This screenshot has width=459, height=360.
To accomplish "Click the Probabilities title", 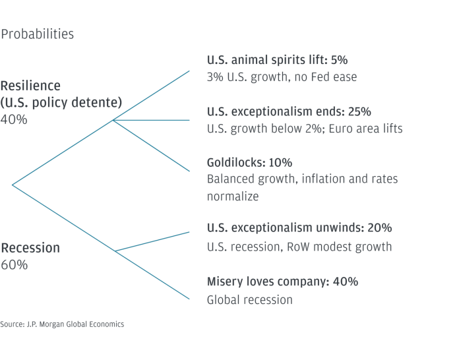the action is coord(38,34).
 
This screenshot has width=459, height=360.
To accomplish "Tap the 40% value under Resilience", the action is coord(14,119).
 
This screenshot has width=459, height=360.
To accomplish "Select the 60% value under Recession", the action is coord(15,264).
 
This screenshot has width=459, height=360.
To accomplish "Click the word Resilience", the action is coord(30,86).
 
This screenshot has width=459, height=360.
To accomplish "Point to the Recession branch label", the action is coord(30,248).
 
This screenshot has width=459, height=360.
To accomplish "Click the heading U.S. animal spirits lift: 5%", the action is coord(277,60).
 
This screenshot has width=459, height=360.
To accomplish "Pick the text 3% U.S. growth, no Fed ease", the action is coord(282,77).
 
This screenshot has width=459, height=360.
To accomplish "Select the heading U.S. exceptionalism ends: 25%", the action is coord(289,111).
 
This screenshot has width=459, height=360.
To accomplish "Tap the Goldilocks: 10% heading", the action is coord(249,162).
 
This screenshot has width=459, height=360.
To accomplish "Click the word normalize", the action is coord(233,196).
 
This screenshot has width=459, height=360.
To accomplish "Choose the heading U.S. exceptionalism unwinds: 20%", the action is coord(299,227).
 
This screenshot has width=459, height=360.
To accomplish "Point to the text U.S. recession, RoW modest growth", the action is coord(299,247).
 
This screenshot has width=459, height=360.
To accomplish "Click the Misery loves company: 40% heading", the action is coord(282,282).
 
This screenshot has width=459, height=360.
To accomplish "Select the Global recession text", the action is coord(250,300).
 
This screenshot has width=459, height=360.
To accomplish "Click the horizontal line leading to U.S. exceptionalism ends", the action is coord(151,120).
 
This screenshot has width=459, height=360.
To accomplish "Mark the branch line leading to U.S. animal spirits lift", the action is coord(151,96).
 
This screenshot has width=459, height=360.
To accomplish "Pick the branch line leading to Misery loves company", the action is coord(152,275).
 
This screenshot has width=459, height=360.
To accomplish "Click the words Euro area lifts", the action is coord(365,129).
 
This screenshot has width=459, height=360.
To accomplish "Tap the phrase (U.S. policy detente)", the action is coord(61,103).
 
